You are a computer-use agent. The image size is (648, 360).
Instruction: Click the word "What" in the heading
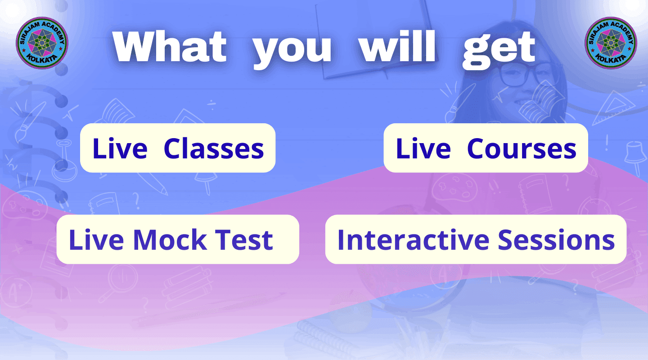pyautogui.click(x=170, y=46)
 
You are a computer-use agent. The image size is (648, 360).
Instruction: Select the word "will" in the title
pyautogui.click(x=397, y=46)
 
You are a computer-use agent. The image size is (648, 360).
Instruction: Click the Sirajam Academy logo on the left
pyautogui.click(x=42, y=43)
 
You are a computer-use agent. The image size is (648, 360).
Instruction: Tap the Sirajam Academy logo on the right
pyautogui.click(x=611, y=43)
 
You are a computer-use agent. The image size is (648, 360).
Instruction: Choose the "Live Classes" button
pyautogui.click(x=178, y=148)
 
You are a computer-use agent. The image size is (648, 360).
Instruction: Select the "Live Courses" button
pyautogui.click(x=486, y=148)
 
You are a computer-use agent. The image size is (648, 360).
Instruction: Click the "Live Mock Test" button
pyautogui.click(x=178, y=239)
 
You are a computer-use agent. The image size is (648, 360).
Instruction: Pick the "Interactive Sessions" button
pyautogui.click(x=476, y=239)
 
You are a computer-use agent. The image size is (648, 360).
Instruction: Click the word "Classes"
pyautogui.click(x=214, y=148)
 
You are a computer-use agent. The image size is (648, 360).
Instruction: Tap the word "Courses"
pyautogui.click(x=522, y=148)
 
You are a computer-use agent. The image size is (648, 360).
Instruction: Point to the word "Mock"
pyautogui.click(x=170, y=239)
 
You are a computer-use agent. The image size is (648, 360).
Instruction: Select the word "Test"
pyautogui.click(x=244, y=239)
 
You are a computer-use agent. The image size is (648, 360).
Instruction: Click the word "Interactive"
pyautogui.click(x=414, y=239)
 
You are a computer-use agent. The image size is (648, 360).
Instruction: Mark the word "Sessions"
pyautogui.click(x=556, y=239)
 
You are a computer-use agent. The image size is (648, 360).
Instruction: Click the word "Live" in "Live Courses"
pyautogui.click(x=423, y=148)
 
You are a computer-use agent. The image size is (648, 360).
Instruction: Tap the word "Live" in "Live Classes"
pyautogui.click(x=120, y=148)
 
